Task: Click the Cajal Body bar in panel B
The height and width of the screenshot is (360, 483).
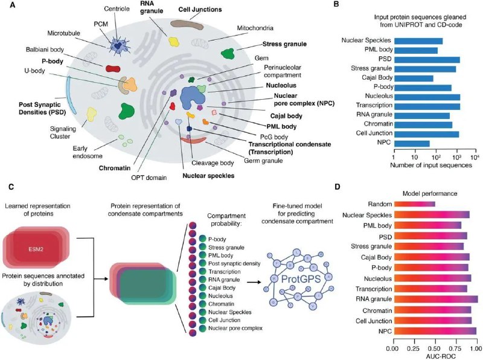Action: [414, 79]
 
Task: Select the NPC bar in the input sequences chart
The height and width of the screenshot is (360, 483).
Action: [412, 144]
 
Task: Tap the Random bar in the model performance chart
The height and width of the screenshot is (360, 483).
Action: [415, 204]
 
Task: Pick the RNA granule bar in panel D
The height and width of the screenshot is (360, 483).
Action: [436, 299]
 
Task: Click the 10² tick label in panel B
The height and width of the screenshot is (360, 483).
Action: [436, 157]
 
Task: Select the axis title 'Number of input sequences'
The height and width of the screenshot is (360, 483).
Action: [431, 166]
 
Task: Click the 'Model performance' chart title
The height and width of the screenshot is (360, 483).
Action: [430, 193]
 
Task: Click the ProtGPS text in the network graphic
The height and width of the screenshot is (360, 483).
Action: [301, 279]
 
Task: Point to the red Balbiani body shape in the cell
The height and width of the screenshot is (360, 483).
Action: [113, 69]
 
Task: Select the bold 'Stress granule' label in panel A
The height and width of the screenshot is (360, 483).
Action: [284, 44]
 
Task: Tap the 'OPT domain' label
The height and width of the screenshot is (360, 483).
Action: [149, 178]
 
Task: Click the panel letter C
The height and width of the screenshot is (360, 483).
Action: [11, 187]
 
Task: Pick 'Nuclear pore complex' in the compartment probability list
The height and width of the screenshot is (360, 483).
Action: [235, 328]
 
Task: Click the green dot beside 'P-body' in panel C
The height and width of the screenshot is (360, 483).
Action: [202, 239]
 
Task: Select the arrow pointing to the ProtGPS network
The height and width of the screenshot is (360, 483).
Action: [254, 281]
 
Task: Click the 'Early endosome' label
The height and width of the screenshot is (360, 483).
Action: [88, 152]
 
